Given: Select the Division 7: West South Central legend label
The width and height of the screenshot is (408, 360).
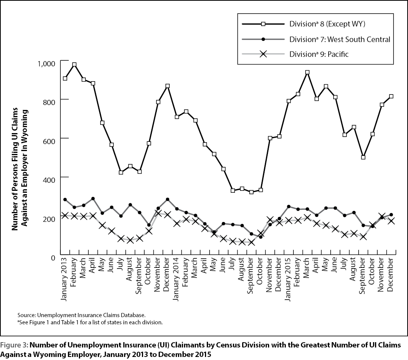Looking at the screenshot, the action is (340, 39).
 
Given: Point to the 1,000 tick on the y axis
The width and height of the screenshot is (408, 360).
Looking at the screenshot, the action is (47, 64).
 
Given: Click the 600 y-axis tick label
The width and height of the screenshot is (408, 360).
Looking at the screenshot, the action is (49, 141).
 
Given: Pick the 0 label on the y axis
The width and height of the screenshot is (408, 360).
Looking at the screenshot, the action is (54, 258).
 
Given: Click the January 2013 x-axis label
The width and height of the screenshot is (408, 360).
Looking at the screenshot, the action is (64, 278).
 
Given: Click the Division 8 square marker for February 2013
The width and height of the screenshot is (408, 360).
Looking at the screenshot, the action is (74, 64).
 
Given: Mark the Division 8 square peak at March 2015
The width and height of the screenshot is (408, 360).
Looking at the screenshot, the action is (307, 72).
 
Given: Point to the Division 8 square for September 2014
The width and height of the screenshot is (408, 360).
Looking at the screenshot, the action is (251, 192).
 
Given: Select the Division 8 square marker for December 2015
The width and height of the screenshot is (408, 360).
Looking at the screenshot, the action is (391, 96).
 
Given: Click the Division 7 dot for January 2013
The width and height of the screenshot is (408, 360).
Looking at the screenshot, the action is (65, 200).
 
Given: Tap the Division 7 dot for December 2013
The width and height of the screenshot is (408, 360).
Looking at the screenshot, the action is (168, 200).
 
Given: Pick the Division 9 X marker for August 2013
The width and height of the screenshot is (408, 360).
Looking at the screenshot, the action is (130, 240).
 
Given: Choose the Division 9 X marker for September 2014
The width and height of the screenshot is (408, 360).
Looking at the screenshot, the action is (251, 242).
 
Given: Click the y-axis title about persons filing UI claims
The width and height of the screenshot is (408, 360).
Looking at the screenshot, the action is (20, 169).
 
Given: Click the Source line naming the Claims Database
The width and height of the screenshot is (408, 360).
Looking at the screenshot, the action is (82, 315).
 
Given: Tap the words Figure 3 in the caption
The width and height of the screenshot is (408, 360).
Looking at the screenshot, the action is (14, 345).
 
